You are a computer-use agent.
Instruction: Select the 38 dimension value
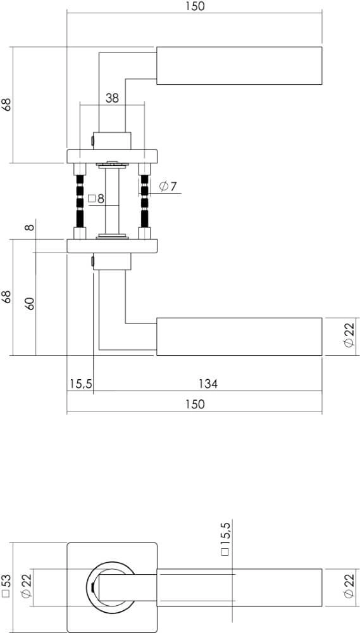click(x=112, y=98)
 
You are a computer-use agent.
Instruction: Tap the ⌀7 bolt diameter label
click(x=168, y=186)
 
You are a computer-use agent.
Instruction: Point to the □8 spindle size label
click(x=96, y=199)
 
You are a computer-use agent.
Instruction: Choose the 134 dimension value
click(x=208, y=384)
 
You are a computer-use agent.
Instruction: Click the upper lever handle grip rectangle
click(x=239, y=65)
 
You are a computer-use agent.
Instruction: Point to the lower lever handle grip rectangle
click(x=239, y=337)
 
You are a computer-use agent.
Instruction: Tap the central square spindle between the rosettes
click(x=112, y=200)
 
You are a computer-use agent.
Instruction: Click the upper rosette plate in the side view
click(x=112, y=155)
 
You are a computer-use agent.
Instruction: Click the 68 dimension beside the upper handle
click(x=7, y=104)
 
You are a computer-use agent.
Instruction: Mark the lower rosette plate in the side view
click(x=112, y=246)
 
